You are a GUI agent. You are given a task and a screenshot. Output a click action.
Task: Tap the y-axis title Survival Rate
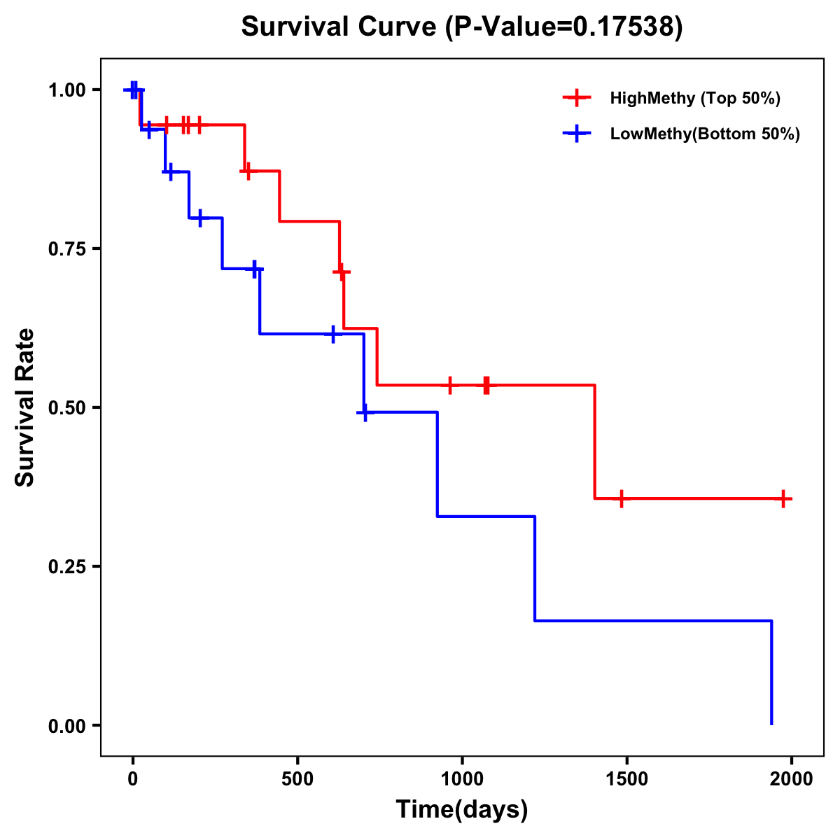pyautogui.click(x=25, y=407)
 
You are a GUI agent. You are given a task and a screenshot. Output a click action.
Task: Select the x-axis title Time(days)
pyautogui.click(x=462, y=810)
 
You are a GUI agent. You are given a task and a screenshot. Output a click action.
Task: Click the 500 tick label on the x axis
pyautogui.click(x=297, y=779)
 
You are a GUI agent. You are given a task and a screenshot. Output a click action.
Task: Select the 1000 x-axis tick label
pyautogui.click(x=462, y=779)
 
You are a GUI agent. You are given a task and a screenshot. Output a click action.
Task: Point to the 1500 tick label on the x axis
pyautogui.click(x=626, y=779)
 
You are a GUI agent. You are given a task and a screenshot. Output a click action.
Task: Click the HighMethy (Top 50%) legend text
pyautogui.click(x=695, y=98)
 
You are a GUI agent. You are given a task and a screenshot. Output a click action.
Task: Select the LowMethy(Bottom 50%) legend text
pyautogui.click(x=705, y=134)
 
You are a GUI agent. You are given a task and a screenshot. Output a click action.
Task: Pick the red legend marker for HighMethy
pyautogui.click(x=576, y=98)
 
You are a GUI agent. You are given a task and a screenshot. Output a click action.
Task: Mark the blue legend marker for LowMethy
pyautogui.click(x=576, y=134)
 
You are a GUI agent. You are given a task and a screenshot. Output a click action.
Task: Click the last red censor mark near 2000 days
pyautogui.click(x=784, y=499)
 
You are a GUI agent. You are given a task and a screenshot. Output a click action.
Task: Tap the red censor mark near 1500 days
pyautogui.click(x=621, y=499)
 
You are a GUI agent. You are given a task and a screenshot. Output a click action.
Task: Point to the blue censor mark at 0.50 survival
pyautogui.click(x=364, y=413)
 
